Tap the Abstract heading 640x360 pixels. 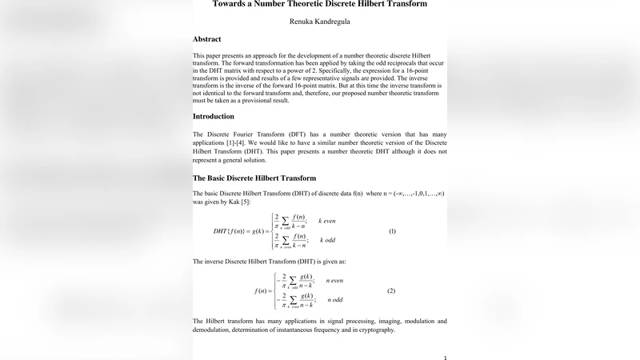tap(207, 39)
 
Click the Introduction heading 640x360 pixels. tap(214, 116)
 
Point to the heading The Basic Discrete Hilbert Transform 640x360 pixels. tap(254, 178)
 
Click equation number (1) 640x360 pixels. tap(392, 230)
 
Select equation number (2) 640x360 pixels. tap(392, 290)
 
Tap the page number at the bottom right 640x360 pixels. tap(445, 357)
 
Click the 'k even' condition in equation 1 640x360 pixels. tap(330, 219)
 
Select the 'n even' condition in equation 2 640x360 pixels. tap(337, 281)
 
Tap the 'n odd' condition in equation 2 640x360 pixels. tap(336, 301)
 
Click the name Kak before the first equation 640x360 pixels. tap(233, 202)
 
